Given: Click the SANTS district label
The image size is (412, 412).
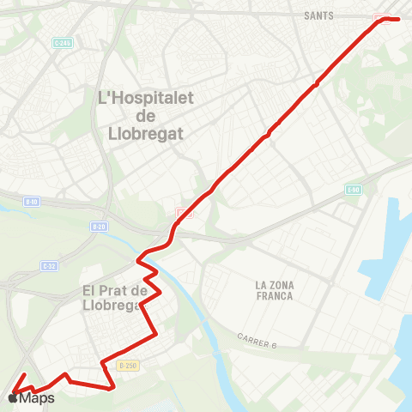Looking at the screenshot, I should (x=318, y=15).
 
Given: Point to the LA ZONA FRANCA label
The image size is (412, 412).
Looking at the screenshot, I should (x=274, y=290).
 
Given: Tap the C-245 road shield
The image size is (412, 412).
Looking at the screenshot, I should (x=61, y=44).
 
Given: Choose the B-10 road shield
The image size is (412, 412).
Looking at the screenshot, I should (x=32, y=202).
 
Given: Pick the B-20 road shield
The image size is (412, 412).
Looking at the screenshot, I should (x=98, y=227).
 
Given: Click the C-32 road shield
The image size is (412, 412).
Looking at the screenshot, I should (x=49, y=266).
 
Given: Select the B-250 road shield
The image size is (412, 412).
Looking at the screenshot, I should (x=128, y=366).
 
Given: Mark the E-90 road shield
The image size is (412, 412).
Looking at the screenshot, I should (x=354, y=190).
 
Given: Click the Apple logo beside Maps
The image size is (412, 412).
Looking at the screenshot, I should (x=12, y=398).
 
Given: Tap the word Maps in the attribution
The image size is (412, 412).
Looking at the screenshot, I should (x=37, y=398).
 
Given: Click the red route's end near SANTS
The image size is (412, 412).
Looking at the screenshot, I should (x=399, y=18).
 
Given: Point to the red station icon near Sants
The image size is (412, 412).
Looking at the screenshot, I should (x=379, y=19).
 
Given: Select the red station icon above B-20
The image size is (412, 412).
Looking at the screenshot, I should (x=181, y=212).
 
